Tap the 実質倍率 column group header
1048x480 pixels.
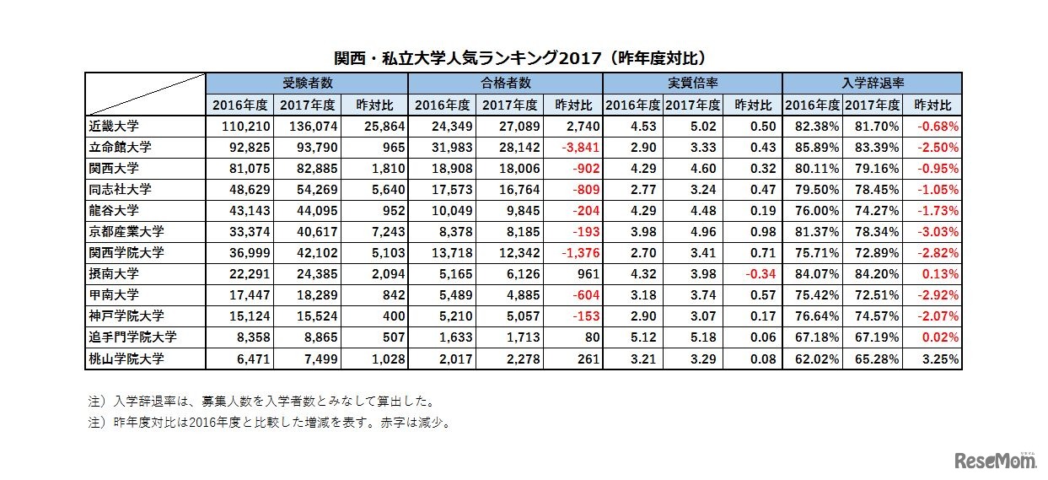[691, 84]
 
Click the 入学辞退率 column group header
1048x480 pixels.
[872, 84]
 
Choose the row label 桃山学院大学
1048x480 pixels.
[126, 359]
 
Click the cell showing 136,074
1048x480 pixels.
[311, 126]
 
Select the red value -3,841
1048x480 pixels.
[578, 147]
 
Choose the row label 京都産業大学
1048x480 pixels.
[126, 232]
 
